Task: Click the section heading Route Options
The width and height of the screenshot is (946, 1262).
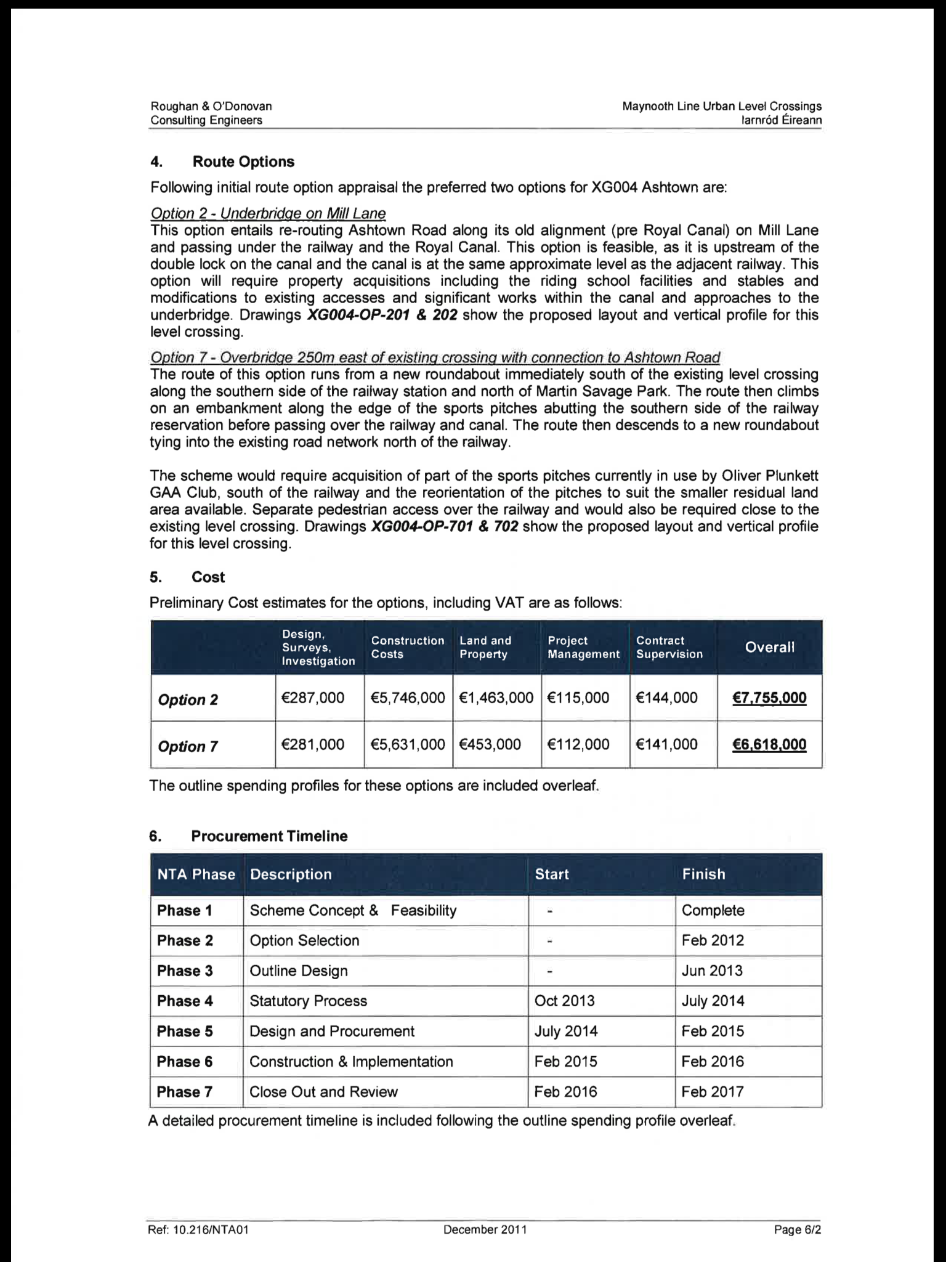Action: click(243, 162)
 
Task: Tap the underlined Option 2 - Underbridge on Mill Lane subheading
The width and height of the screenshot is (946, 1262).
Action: click(268, 214)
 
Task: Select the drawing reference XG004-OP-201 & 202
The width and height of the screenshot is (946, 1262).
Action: click(382, 315)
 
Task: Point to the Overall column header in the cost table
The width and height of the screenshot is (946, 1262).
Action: click(769, 647)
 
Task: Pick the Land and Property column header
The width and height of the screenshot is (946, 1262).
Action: click(485, 647)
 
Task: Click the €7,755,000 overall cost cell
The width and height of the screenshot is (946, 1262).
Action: click(769, 698)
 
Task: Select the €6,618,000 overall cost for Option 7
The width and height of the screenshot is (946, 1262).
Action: click(769, 744)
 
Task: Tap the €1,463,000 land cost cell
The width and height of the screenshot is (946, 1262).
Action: click(496, 698)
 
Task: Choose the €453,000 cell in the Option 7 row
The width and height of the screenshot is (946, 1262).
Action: click(490, 744)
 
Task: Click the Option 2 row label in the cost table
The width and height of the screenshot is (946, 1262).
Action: click(188, 700)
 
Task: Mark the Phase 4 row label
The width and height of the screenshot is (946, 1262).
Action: click(185, 1001)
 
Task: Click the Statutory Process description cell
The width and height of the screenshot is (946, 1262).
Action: click(308, 1001)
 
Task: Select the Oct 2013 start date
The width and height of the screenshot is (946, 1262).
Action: click(565, 1001)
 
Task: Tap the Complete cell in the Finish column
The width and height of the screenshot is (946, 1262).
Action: click(713, 910)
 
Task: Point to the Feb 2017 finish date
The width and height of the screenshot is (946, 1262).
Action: click(713, 1091)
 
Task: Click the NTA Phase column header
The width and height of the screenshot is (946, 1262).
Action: click(196, 874)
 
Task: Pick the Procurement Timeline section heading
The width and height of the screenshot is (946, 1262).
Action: click(269, 836)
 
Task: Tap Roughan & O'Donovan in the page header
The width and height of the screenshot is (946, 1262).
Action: click(211, 106)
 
